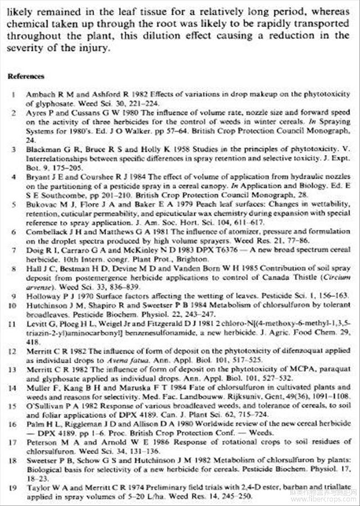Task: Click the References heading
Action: [x=26, y=76]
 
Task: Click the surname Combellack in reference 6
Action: [x=46, y=232]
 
